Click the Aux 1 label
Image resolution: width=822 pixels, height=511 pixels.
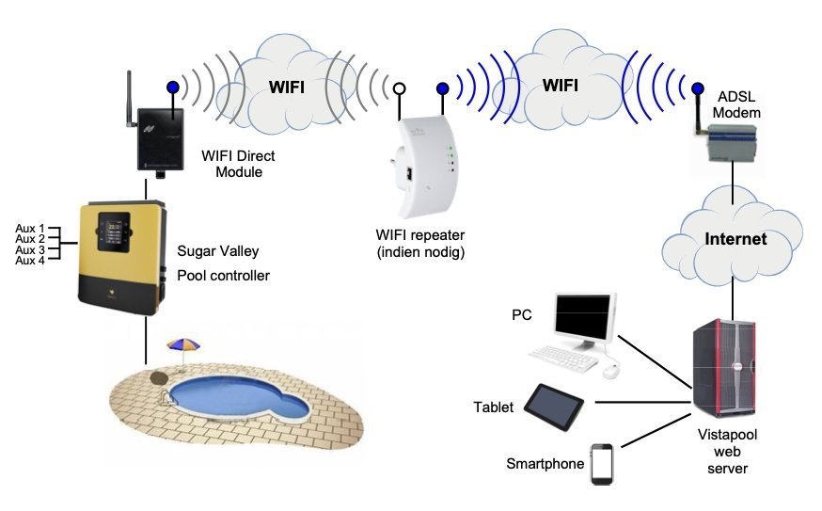point(31,229)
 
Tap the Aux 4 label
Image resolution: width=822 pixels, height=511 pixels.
point(31,262)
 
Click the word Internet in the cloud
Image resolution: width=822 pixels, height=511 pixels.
point(736,239)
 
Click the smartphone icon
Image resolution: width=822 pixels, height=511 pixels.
point(602,464)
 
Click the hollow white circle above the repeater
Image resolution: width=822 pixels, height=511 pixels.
point(399,89)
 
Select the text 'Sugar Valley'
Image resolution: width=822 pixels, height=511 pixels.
point(217,251)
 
